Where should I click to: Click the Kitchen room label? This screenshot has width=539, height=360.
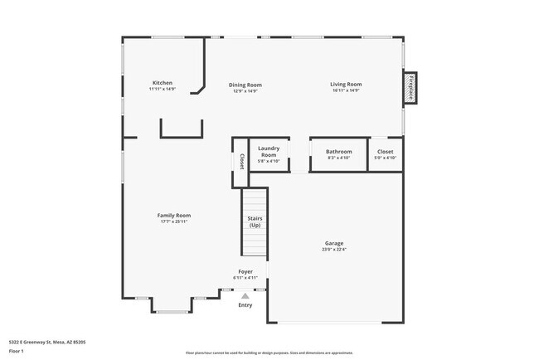pyautogui.click(x=162, y=83)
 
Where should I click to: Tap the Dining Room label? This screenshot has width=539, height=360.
pyautogui.click(x=245, y=85)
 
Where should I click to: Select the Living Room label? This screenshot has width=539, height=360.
pyautogui.click(x=346, y=85)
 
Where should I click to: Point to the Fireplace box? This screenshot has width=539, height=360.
pyautogui.click(x=410, y=89)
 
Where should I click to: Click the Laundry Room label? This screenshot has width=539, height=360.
pyautogui.click(x=269, y=152)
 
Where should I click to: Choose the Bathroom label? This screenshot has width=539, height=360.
pyautogui.click(x=338, y=152)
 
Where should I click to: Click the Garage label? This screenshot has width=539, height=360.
pyautogui.click(x=334, y=243)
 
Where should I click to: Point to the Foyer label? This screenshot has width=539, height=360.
pyautogui.click(x=245, y=271)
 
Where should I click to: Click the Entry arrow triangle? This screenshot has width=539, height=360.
pyautogui.click(x=245, y=295)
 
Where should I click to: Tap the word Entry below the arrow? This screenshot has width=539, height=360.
pyautogui.click(x=245, y=305)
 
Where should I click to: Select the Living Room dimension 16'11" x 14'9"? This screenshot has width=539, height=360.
pyautogui.click(x=346, y=90)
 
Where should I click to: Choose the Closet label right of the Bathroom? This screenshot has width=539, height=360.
pyautogui.click(x=386, y=152)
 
